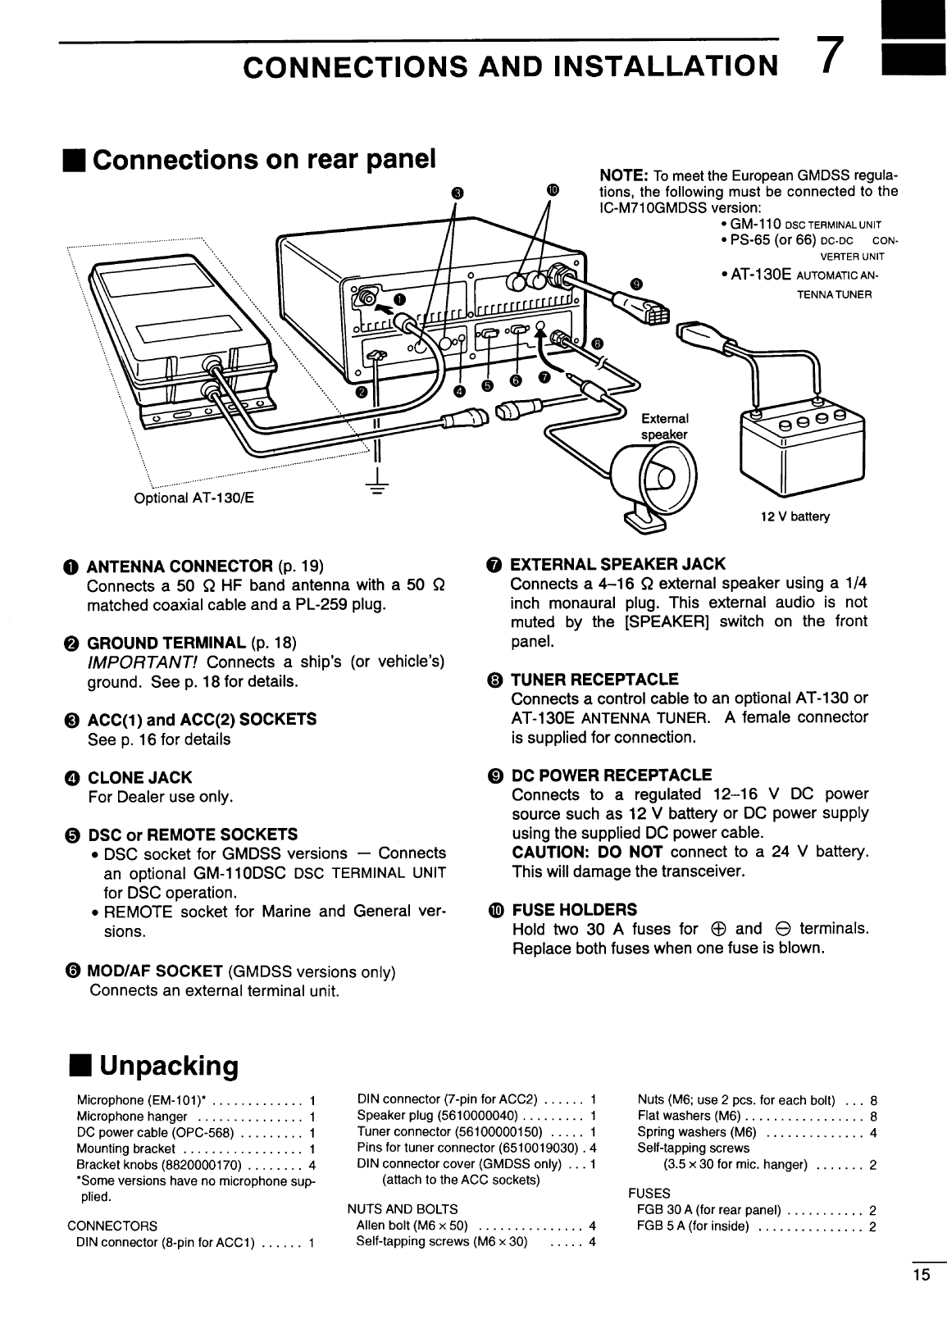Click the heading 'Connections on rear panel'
coord(262,158)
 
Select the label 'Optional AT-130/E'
coord(193,498)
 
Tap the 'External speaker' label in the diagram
coord(664,425)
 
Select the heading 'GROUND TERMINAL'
coord(166,642)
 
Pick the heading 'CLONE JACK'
coord(139,777)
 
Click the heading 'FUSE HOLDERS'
coord(573,910)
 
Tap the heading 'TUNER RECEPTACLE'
coord(594,679)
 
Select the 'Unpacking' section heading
coord(168,1066)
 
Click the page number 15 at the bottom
coord(921,1274)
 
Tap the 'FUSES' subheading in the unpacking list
coord(649,1193)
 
